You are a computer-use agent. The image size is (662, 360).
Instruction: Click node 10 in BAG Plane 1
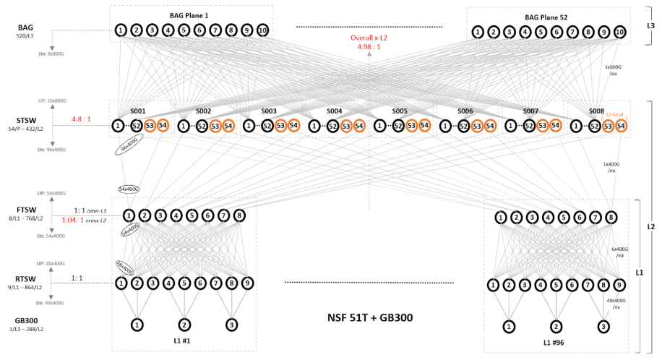(x=262, y=30)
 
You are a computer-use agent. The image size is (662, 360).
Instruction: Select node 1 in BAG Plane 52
(x=478, y=32)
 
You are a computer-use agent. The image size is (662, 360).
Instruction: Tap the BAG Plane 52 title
(x=548, y=17)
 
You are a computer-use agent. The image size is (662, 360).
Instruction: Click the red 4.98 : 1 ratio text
(x=369, y=47)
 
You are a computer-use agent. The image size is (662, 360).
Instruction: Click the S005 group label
(x=400, y=111)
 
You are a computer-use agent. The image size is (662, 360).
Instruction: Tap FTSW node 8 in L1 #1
(x=239, y=215)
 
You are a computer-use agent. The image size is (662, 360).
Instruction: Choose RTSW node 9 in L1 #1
(x=248, y=283)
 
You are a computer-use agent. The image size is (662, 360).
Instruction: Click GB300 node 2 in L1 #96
(x=556, y=326)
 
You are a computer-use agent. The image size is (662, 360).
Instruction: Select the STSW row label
(x=28, y=121)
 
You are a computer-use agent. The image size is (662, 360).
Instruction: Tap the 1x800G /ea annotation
(x=614, y=69)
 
